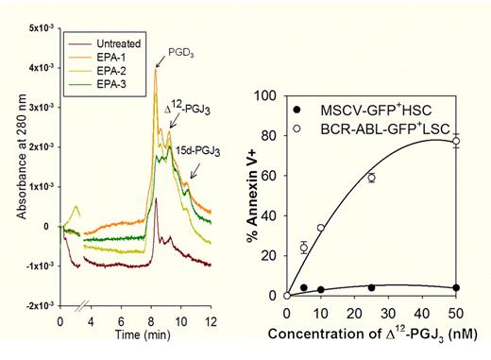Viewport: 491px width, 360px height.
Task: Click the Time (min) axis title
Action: click(143, 335)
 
